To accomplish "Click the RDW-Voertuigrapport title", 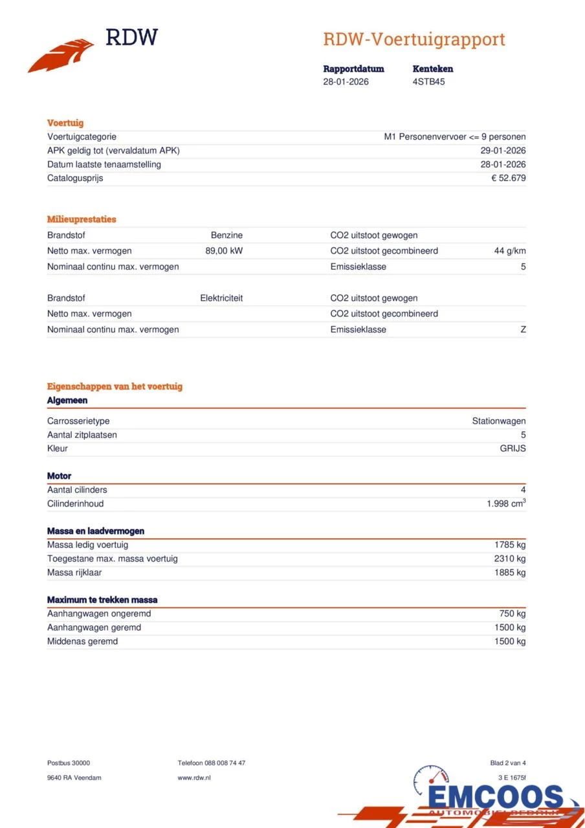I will tap(414, 39).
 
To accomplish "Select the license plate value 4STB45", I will tap(428, 82).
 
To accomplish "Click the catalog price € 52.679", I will tap(508, 178).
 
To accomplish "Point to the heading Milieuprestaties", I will tap(82, 219).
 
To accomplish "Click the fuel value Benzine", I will tap(226, 235).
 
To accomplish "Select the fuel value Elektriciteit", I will tap(221, 298).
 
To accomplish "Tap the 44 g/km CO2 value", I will tap(509, 251).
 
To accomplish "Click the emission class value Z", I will tap(523, 330).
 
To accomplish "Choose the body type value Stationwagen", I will tap(498, 421).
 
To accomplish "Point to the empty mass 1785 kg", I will tap(510, 545).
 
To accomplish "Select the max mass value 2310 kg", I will tap(510, 558).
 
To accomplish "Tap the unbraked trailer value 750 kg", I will tap(512, 613).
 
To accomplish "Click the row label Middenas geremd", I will tap(82, 641).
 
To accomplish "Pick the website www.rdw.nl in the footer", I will tap(194, 778).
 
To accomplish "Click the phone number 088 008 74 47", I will tap(225, 763).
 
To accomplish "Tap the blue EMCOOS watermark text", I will tap(496, 796).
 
